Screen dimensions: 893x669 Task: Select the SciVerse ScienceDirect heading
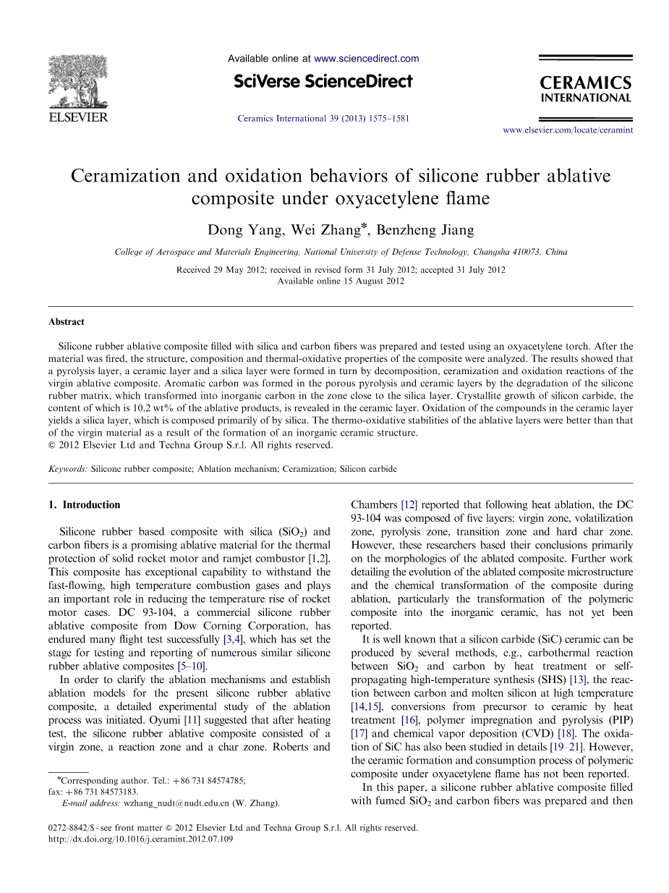[x=323, y=81]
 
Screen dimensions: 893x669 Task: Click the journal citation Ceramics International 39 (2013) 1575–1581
[x=323, y=118]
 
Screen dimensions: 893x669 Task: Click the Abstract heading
[x=67, y=322]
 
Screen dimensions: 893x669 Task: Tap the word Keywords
[x=68, y=469]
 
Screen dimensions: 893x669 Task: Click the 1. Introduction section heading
[x=85, y=505]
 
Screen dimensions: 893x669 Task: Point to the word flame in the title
[x=468, y=198]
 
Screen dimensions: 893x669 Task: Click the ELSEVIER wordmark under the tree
[x=78, y=117]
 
